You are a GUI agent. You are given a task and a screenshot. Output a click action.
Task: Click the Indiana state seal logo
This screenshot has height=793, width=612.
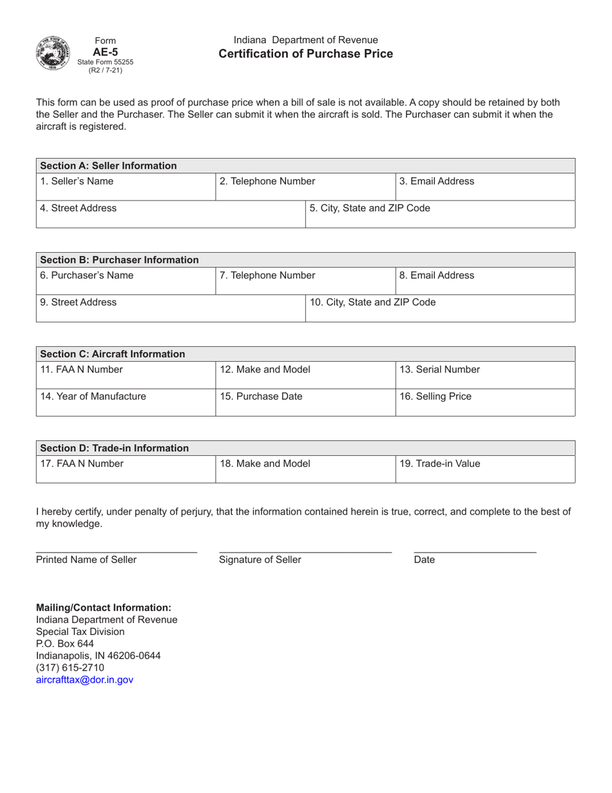point(55,52)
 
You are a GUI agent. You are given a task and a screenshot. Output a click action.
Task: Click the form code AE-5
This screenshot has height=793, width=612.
point(106,52)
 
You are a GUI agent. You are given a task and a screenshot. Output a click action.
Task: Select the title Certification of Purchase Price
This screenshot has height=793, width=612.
point(305,54)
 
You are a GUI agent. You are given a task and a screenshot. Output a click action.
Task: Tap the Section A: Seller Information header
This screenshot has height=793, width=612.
point(108,166)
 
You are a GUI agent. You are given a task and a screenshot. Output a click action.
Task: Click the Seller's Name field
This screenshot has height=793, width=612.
point(125,187)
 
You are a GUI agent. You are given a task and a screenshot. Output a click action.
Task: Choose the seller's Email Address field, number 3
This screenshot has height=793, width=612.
point(484,187)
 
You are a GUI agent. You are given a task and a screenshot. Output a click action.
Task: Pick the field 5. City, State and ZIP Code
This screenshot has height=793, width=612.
point(439,214)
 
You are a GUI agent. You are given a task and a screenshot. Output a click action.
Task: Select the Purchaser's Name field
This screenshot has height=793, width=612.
point(125,281)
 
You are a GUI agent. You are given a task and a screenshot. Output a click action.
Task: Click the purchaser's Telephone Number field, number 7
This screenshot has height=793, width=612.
point(304,281)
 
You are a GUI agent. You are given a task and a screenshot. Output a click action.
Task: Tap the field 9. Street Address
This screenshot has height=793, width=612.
point(170,308)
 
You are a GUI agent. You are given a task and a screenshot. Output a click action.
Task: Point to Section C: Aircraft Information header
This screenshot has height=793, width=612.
point(113,354)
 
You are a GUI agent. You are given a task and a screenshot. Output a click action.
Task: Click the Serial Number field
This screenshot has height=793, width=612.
point(484,375)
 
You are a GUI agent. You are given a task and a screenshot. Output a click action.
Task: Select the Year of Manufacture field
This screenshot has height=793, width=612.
point(125,402)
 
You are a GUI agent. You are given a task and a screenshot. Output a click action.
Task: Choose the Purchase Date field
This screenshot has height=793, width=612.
point(304,402)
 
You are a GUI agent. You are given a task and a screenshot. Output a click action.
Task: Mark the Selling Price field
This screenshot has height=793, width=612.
point(484,402)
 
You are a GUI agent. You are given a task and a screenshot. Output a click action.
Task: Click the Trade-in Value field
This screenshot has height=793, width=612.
point(484,469)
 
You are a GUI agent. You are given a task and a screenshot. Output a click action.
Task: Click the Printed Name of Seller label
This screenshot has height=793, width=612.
point(86,560)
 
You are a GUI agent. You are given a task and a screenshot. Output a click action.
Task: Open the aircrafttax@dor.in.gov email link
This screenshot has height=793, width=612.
point(85,680)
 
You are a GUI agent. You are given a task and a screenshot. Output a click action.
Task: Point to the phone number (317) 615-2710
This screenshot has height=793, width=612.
point(70,667)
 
